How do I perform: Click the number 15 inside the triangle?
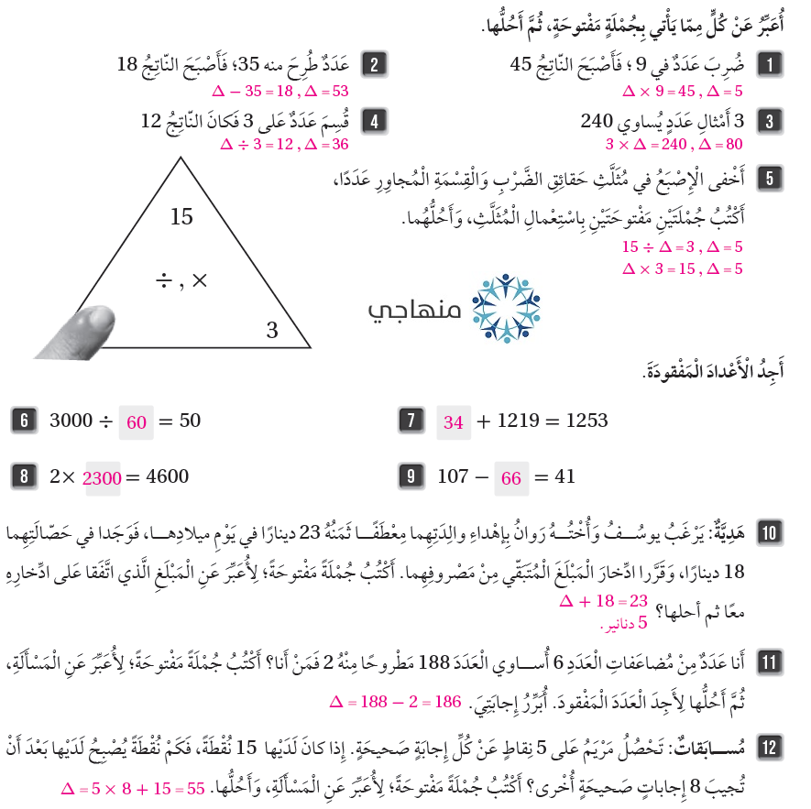point(181,217)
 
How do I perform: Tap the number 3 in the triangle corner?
point(271,331)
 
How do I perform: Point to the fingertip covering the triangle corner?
point(84,328)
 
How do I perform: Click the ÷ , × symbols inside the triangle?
point(181,281)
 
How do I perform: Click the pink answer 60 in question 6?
point(137,422)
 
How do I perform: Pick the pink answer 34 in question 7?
point(453,422)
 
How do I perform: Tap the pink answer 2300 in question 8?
point(102,478)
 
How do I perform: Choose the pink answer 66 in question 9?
point(511,478)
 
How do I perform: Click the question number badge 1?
point(769,64)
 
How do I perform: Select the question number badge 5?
point(769,177)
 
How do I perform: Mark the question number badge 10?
point(769,530)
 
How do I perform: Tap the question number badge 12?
point(769,746)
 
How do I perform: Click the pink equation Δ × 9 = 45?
point(660,92)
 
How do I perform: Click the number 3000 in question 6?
point(71,421)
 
